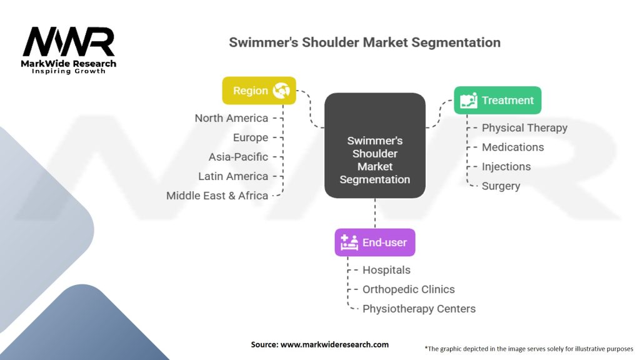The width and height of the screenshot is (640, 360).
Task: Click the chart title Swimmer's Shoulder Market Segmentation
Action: point(364,42)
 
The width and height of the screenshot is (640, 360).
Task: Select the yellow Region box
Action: point(259,91)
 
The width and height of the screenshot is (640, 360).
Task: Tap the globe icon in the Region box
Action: point(281,91)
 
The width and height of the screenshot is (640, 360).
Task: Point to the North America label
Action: point(231,118)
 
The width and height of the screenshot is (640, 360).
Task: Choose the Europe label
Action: point(250,137)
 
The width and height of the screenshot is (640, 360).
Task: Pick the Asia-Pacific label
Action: point(238,157)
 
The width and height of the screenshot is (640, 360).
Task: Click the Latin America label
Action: point(233,176)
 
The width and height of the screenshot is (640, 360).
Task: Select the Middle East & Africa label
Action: point(217,196)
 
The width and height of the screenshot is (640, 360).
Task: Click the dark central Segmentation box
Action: point(375,146)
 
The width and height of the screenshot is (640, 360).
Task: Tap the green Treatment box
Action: point(497,100)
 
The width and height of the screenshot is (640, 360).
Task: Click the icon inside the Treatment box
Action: point(469,101)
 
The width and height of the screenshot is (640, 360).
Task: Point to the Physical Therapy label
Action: point(524,127)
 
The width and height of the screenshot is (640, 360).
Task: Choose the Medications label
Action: point(512,147)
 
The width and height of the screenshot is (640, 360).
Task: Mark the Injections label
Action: point(506,166)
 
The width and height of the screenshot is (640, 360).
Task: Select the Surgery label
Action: point(501,186)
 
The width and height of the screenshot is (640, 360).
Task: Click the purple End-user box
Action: point(375,242)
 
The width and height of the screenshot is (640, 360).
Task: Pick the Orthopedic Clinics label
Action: point(409,289)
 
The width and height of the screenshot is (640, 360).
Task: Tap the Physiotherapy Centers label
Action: point(419,309)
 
